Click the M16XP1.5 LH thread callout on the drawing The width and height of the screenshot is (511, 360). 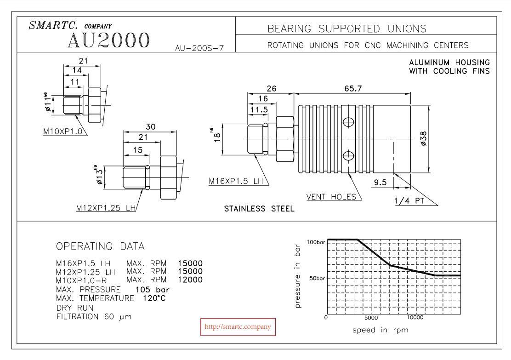(x=236, y=181)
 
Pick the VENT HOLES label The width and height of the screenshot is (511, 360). (x=331, y=197)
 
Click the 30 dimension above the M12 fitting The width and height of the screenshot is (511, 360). (x=150, y=126)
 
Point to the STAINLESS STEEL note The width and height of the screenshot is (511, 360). (x=259, y=209)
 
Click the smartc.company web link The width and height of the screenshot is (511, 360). (x=237, y=327)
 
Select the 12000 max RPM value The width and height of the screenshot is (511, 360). (x=190, y=280)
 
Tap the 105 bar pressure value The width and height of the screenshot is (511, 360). (x=153, y=289)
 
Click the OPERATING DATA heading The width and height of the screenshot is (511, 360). (x=100, y=246)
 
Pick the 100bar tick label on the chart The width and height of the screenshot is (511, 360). (x=316, y=242)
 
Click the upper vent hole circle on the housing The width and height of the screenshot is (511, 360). (x=349, y=122)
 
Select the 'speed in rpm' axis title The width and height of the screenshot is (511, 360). (x=380, y=330)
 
